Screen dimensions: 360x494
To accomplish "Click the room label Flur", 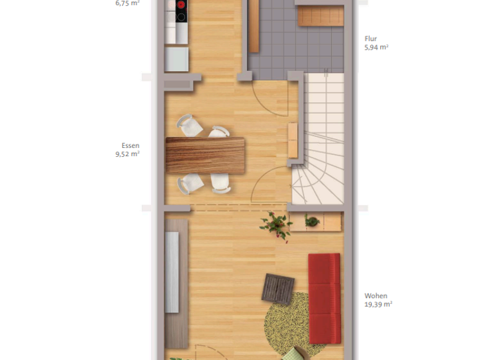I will pyautogui.click(x=372, y=38).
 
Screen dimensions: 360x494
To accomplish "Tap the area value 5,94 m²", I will pyautogui.click(x=376, y=47).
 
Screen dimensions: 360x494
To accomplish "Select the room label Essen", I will pyautogui.click(x=131, y=145).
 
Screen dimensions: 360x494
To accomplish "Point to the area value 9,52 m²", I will pyautogui.click(x=127, y=154).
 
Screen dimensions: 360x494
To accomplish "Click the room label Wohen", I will pyautogui.click(x=376, y=296).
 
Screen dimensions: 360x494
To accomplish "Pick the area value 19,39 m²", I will pyautogui.click(x=378, y=305).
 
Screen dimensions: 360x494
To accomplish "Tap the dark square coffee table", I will pyautogui.click(x=278, y=287).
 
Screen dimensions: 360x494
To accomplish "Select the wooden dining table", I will pyautogui.click(x=205, y=155).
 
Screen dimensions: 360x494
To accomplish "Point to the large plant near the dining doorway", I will pyautogui.click(x=277, y=224).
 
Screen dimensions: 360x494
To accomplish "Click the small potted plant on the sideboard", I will pyautogui.click(x=312, y=222).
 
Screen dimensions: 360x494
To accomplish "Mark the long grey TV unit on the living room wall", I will pyautogui.click(x=172, y=271).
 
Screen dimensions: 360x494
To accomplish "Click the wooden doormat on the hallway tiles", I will pyautogui.click(x=320, y=17).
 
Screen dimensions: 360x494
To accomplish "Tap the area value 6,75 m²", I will pyautogui.click(x=127, y=3).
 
